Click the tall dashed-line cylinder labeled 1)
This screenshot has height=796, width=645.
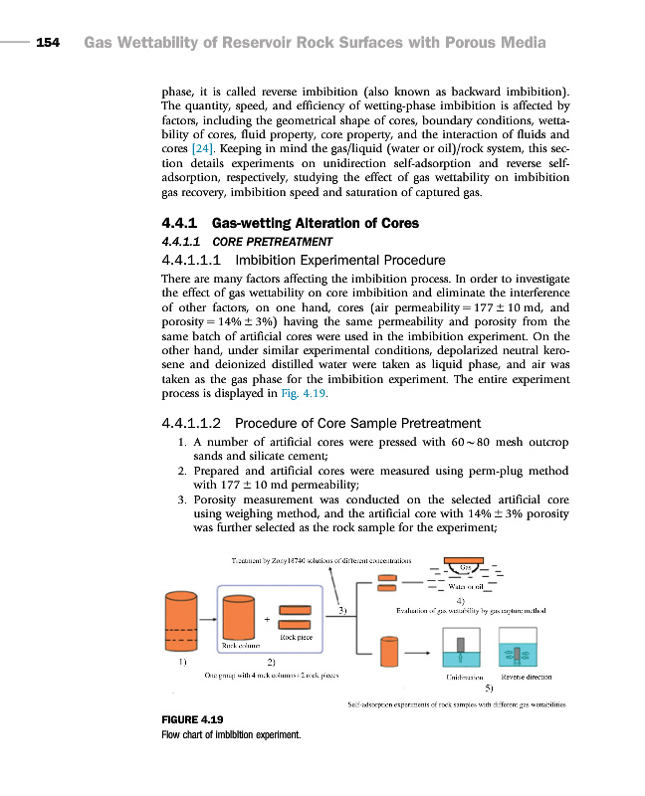tap(180, 621)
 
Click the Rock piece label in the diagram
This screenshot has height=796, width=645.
tap(297, 635)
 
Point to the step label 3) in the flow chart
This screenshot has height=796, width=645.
tap(342, 609)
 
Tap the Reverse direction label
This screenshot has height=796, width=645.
tap(526, 677)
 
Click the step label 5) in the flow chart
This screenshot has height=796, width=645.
tap(489, 688)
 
